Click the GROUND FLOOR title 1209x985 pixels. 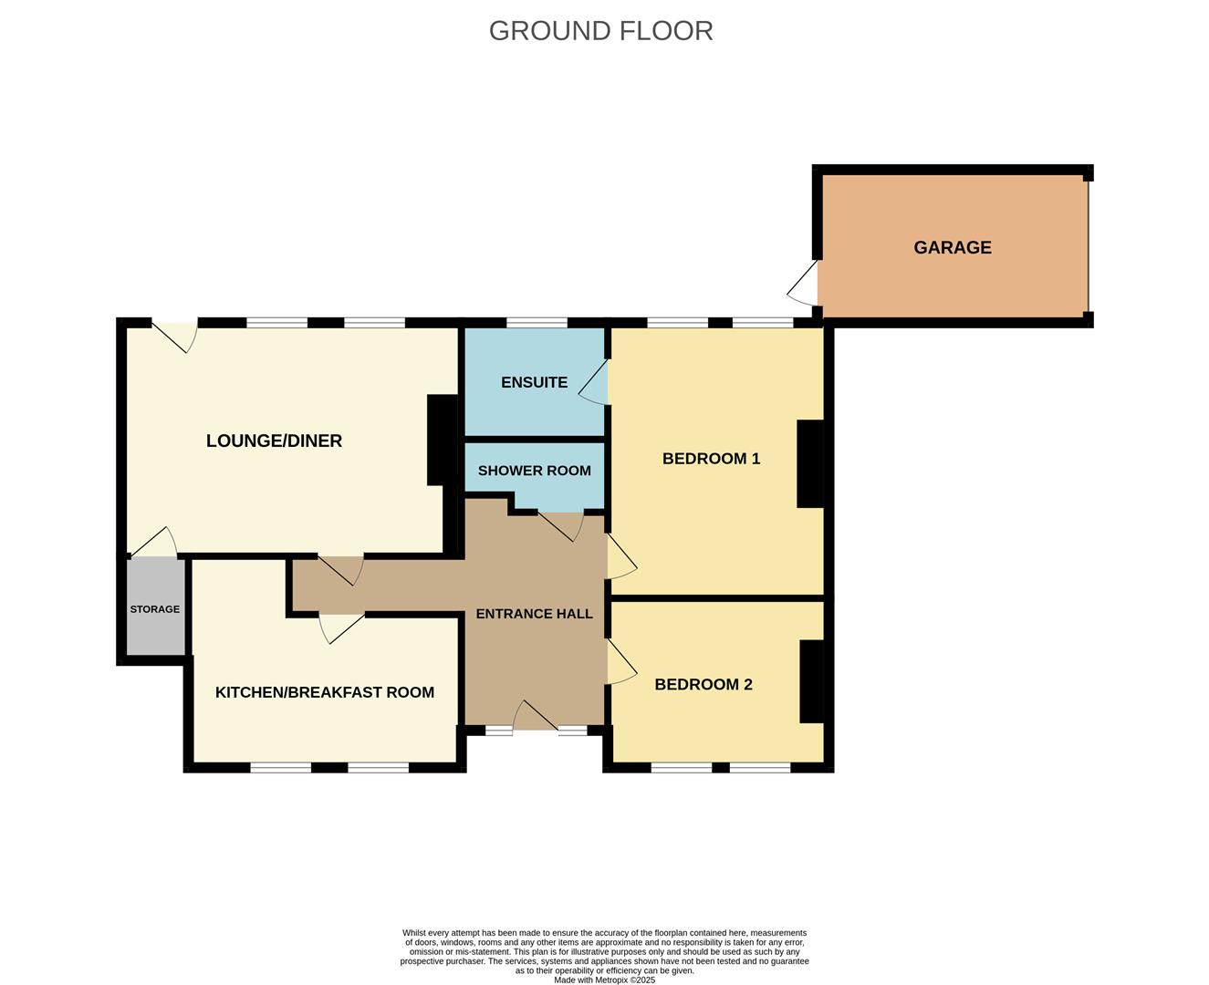600,31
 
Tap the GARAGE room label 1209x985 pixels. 953,247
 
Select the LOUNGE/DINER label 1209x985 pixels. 274,441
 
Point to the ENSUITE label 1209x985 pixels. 534,382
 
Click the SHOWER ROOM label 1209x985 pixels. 534,471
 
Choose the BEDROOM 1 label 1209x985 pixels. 711,459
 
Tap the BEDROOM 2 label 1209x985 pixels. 704,684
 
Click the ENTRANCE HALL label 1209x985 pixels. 534,614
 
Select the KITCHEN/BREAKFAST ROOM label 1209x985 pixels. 325,692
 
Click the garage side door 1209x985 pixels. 803,282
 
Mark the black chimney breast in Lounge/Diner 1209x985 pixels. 443,440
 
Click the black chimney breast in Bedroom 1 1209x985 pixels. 810,463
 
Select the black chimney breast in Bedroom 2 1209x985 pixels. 812,681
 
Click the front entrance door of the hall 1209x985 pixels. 536,715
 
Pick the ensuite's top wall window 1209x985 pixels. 537,322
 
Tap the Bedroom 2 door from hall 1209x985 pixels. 622,661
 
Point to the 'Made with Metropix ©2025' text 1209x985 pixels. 604,980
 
